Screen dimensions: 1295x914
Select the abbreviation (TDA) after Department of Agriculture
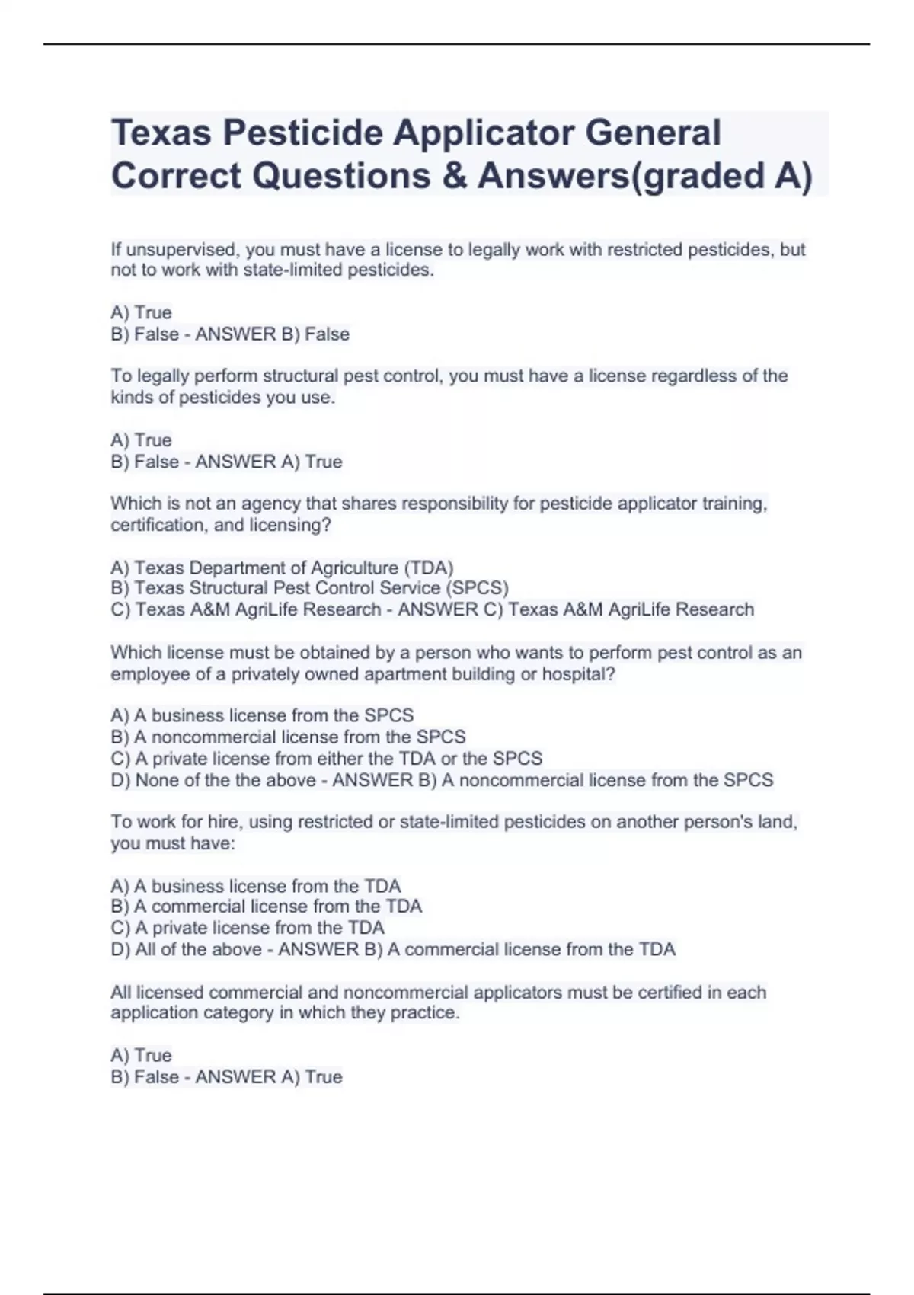click(429, 568)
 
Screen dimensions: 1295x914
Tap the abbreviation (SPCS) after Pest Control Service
click(477, 588)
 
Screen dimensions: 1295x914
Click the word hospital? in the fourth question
click(578, 675)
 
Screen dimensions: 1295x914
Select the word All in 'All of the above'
click(146, 950)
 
